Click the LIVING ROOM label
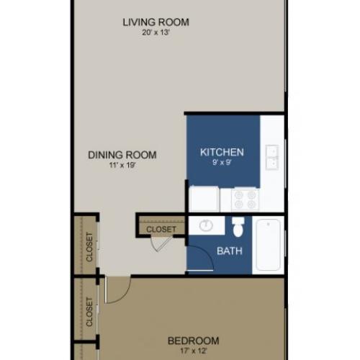coord(156,22)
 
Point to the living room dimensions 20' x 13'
coord(156,33)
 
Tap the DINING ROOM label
coord(122,155)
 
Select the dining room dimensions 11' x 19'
coord(122,166)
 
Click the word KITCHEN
coord(222,152)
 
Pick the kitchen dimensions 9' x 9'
coord(222,163)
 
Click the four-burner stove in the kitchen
coord(246,198)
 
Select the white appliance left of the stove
coord(204,198)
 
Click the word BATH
coord(230,251)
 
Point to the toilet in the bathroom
coord(238,228)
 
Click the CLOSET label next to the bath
coord(161,230)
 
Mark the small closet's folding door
coord(160,243)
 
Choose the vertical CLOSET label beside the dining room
coord(89,246)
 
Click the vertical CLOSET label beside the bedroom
coord(89,311)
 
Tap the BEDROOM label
coord(193,341)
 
